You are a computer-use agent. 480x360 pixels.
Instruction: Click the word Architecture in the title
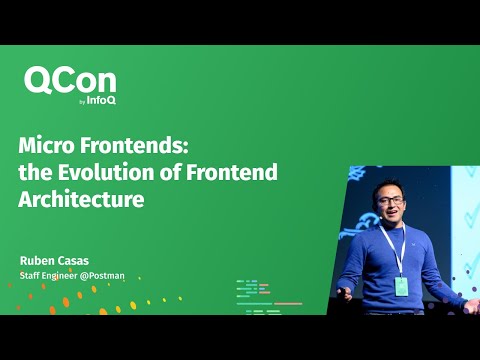pos(81,198)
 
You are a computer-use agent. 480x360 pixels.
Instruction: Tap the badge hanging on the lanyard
pos(402,285)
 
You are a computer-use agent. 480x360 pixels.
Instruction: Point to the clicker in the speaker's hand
pos(341,291)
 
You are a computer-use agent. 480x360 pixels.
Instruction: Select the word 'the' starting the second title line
pos(32,172)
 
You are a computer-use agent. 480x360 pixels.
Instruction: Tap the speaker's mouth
pos(394,221)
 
